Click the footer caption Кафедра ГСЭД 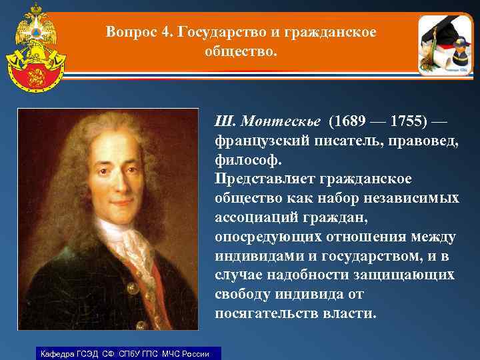70,353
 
